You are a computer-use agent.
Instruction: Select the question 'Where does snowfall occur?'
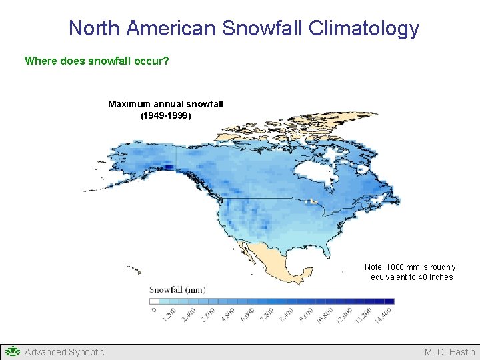click(x=97, y=61)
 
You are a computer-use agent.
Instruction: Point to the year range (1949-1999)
click(x=165, y=115)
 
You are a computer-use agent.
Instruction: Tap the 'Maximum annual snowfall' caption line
click(x=165, y=104)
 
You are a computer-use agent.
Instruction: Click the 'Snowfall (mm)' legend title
click(x=177, y=289)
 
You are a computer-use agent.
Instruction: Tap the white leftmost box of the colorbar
click(x=155, y=301)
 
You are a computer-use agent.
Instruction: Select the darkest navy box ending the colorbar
click(x=389, y=301)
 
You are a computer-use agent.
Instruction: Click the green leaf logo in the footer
click(x=12, y=351)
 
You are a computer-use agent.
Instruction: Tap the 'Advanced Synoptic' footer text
click(x=64, y=352)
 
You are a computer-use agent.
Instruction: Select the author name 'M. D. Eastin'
click(x=450, y=352)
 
